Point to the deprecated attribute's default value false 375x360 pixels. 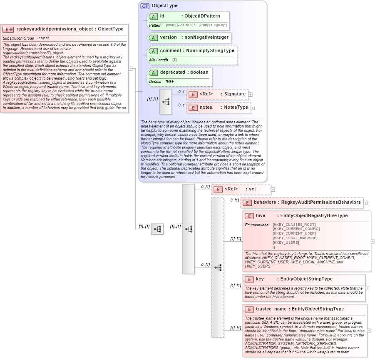pyautogui.click(x=169, y=81)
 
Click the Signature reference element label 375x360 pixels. pyautogui.click(x=235, y=94)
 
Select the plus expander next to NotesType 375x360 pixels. pyautogui.click(x=253, y=108)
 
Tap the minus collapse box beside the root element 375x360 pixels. pyautogui.click(x=130, y=69)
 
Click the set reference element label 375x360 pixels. pyautogui.click(x=252, y=189)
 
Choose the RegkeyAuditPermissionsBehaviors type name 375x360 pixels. pyautogui.click(x=321, y=202)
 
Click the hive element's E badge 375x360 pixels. pyautogui.click(x=249, y=216)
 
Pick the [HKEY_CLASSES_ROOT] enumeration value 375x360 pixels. pyautogui.click(x=294, y=225)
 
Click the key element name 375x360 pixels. pyautogui.click(x=260, y=279)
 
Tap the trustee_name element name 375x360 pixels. pyautogui.click(x=271, y=309)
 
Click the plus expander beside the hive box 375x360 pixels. pyautogui.click(x=373, y=241)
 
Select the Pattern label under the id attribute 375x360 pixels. pyautogui.click(x=155, y=25)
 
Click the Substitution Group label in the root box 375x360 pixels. pyautogui.click(x=18, y=38)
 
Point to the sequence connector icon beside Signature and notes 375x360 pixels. pyautogui.click(x=166, y=101)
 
